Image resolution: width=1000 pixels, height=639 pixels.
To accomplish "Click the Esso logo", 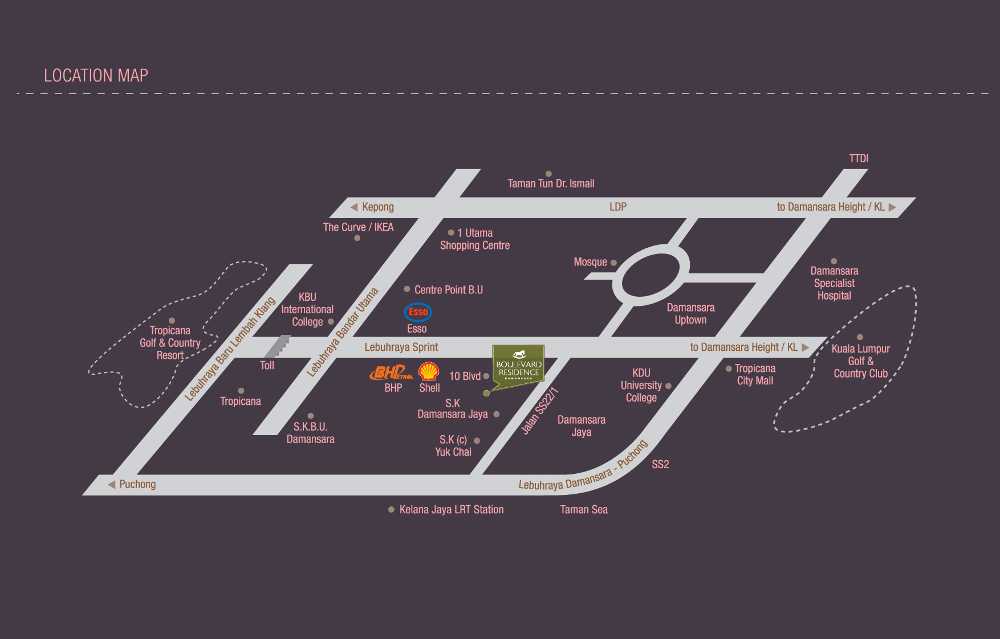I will (418, 312).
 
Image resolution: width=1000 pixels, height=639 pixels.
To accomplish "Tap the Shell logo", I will (429, 372).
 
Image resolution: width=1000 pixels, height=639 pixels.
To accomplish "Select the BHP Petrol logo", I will (392, 373).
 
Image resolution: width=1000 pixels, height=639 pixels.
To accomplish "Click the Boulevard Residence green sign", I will (518, 366).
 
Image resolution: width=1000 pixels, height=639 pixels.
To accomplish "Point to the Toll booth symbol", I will (278, 346).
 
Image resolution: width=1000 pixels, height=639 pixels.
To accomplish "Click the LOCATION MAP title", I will (96, 76).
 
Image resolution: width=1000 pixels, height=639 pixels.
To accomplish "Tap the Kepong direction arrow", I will (354, 207).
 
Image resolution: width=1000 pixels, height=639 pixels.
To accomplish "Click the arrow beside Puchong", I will (112, 484).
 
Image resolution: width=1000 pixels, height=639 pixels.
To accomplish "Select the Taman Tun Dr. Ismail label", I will (551, 183).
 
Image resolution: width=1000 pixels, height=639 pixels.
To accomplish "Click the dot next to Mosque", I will (613, 263).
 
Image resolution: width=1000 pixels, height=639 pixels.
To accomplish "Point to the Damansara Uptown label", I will (690, 314).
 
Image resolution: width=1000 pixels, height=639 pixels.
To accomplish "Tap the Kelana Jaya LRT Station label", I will (451, 510).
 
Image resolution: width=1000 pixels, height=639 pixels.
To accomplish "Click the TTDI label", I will (859, 158).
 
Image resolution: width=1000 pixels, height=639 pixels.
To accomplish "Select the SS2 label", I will (660, 464).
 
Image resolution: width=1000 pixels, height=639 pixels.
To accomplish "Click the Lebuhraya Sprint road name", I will (401, 347).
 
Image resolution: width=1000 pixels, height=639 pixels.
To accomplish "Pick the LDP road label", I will (618, 207).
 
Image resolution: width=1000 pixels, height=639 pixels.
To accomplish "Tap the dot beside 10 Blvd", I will (486, 376).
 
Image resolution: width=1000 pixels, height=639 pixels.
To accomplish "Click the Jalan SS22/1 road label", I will (539, 411).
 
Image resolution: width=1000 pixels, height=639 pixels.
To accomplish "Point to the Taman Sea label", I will (584, 510).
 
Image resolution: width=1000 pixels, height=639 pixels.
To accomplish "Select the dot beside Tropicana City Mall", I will (729, 368).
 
